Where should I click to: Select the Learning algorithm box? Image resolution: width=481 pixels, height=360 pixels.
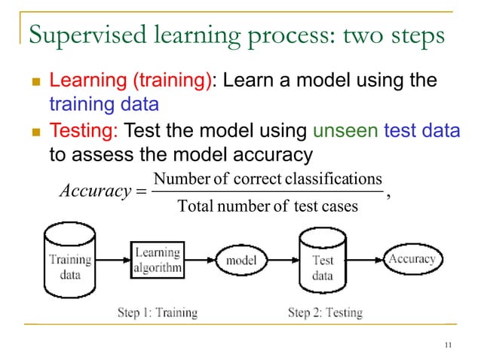(156, 261)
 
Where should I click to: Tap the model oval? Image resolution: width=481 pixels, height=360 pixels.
(241, 261)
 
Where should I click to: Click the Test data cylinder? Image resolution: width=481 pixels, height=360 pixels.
(322, 264)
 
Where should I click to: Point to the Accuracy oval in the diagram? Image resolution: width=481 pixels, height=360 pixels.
(412, 259)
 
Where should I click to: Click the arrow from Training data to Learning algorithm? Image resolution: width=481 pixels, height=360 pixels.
(112, 261)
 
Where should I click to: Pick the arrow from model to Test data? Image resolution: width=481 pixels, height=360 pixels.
(283, 261)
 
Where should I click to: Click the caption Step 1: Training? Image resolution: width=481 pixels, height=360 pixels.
(158, 313)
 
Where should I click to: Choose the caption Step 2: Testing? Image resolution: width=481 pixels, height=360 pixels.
(325, 313)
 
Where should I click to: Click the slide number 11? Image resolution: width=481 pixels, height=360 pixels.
(449, 346)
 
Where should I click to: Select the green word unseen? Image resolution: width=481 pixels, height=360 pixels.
(348, 131)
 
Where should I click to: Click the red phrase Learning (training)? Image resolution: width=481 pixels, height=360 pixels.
(130, 80)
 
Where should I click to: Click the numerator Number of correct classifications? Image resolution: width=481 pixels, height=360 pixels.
(267, 178)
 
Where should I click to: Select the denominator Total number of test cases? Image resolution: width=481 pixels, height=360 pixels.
(267, 204)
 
